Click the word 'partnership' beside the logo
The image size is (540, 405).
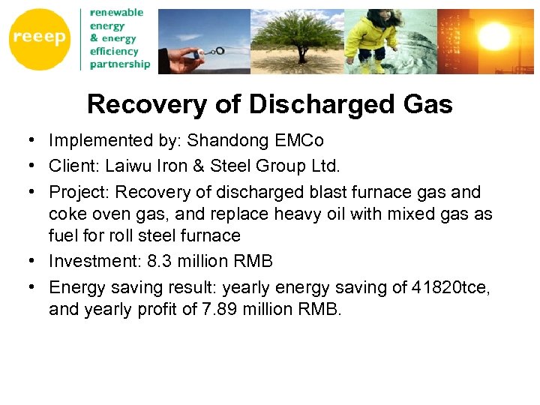119,64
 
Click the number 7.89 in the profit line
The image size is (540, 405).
215,309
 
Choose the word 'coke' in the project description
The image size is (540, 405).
65,214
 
